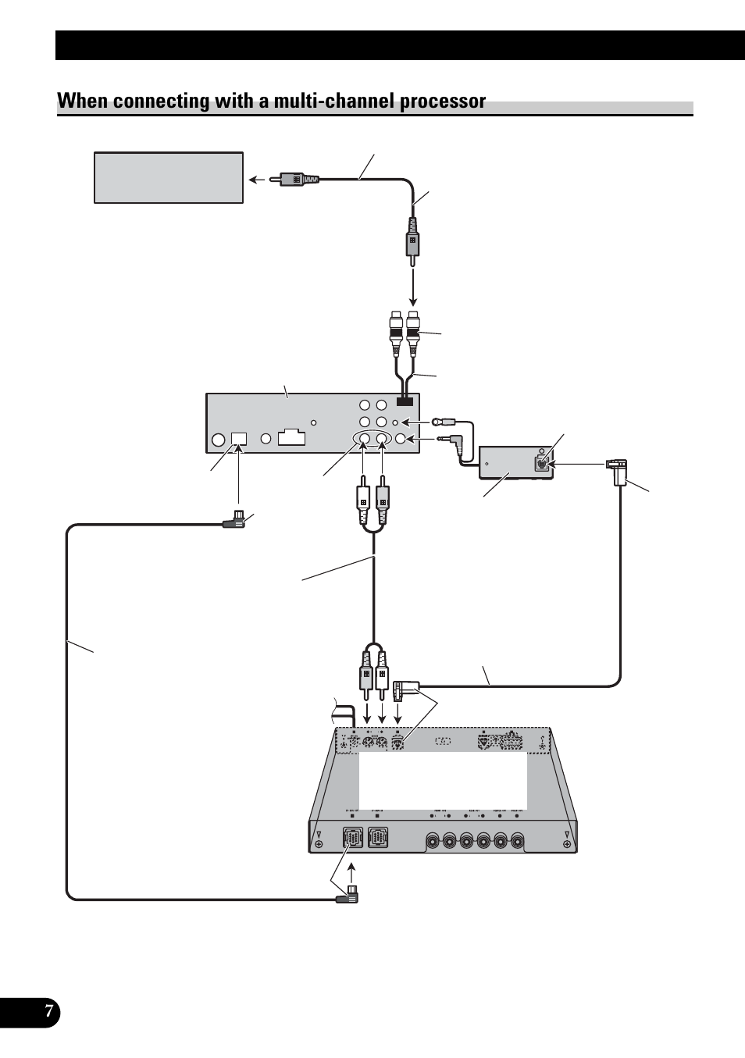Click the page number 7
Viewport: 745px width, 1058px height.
48,1013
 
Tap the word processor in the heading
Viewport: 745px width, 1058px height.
443,102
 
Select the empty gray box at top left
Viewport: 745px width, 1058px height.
169,178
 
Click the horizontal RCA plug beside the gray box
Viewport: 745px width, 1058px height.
294,179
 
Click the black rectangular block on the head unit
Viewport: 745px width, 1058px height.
405,401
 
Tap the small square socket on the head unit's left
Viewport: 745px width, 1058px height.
239,439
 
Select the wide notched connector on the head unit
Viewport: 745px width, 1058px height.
291,436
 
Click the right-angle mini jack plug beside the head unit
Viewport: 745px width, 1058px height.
451,441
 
